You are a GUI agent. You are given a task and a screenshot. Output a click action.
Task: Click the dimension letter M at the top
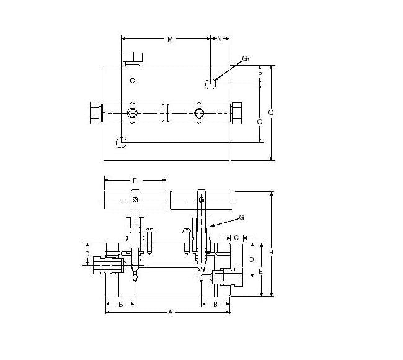point(170,39)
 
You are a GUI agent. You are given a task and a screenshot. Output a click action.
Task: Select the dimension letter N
point(219,38)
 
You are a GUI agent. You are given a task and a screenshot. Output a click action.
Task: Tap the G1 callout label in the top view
point(246,59)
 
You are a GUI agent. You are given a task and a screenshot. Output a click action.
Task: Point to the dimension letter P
point(260,74)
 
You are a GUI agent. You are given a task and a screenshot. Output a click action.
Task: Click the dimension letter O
point(260,122)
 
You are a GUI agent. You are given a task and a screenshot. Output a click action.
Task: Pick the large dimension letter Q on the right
point(271,112)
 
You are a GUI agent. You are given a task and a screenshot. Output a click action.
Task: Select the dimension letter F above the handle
point(135,180)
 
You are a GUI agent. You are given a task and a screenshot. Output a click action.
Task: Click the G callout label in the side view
point(241,217)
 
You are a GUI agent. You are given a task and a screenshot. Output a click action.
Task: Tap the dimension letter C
point(236,237)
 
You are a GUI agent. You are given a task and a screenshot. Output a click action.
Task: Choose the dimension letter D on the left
point(87,254)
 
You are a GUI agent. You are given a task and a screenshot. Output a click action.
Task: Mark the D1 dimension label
point(252,259)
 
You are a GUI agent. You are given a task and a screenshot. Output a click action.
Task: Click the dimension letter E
point(261,271)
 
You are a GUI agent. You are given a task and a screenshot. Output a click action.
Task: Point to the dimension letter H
point(271,251)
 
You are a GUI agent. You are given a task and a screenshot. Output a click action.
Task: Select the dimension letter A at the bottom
point(170,312)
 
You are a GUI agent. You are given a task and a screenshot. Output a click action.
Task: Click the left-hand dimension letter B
point(120,304)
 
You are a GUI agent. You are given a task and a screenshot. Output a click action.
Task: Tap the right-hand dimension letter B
point(215,304)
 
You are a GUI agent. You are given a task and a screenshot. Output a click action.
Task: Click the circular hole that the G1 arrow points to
point(211,82)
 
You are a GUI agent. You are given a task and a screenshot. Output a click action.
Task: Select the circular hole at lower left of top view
point(122,142)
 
